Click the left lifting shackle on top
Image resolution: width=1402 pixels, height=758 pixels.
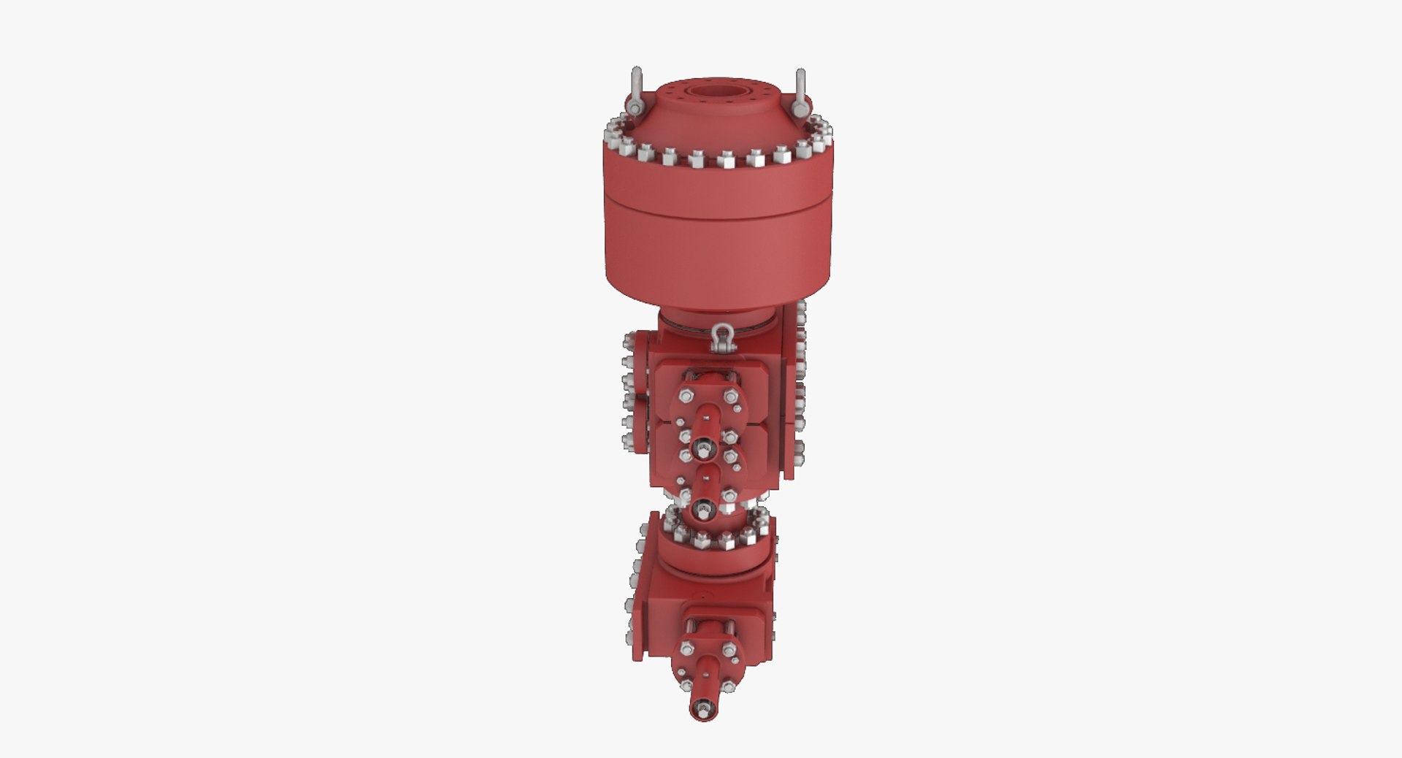[x=635, y=91]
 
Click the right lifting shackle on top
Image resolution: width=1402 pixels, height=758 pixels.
[x=800, y=92]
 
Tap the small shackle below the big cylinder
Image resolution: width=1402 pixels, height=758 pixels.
[x=723, y=339]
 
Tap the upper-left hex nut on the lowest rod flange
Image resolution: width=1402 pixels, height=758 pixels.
[x=686, y=648]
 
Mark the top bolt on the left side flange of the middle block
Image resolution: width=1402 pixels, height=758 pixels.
[x=628, y=341]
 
